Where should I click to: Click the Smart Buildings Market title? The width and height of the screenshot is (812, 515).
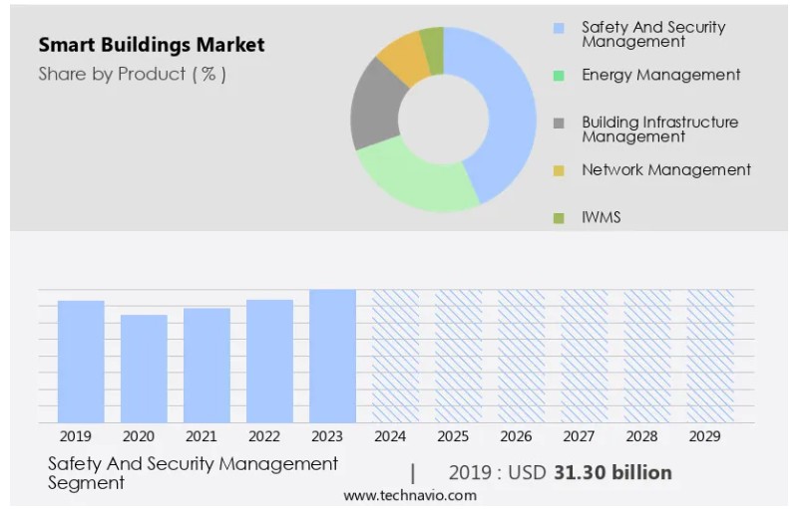[x=152, y=45]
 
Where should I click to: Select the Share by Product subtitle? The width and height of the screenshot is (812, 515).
[x=132, y=74]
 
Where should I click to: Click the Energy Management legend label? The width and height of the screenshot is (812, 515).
[x=660, y=75]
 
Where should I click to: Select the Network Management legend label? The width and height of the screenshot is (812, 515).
[x=666, y=169]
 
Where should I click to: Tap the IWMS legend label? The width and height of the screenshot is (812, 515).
[x=602, y=216]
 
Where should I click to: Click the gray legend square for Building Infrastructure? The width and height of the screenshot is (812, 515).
[x=559, y=124]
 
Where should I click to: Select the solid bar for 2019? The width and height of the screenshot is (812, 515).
[x=81, y=361]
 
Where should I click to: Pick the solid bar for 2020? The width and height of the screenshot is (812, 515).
[x=144, y=368]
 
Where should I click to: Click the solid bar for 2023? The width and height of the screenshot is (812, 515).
[x=332, y=356]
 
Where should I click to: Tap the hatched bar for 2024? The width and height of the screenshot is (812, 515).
[x=395, y=356]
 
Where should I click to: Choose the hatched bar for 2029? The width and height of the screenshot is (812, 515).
[x=710, y=356]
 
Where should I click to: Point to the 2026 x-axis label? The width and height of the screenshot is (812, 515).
[x=516, y=436]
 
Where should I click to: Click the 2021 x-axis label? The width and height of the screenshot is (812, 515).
[x=201, y=436]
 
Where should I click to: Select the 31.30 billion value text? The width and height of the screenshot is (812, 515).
[x=611, y=472]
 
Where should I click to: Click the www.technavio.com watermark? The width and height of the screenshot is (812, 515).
[x=410, y=495]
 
